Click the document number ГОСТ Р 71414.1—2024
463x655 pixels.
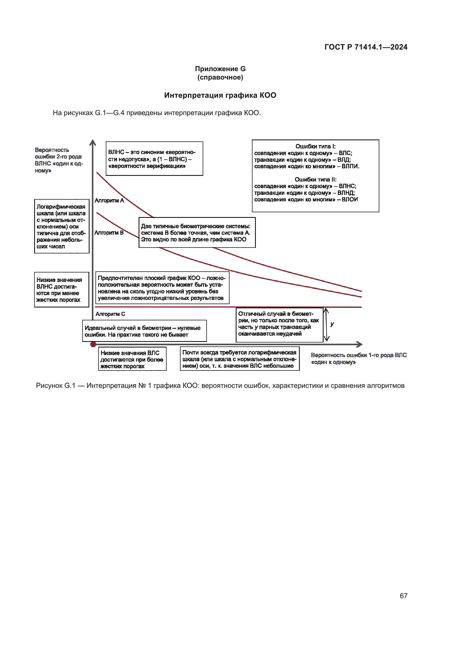(366, 47)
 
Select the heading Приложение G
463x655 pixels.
(220, 69)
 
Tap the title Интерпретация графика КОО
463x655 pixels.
(220, 95)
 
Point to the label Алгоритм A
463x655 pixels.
(109, 201)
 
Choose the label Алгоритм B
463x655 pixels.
(109, 233)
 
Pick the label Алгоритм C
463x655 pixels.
(110, 314)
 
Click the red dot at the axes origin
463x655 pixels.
(93, 345)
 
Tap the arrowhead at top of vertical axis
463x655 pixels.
(93, 142)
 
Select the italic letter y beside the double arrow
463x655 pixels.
(332, 324)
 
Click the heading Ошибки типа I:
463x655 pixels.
(315, 146)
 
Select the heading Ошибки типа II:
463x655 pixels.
(315, 180)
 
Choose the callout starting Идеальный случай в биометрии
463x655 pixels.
(144, 331)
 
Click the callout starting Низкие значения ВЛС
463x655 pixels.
(132, 360)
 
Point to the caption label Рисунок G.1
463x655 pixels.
(56, 386)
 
